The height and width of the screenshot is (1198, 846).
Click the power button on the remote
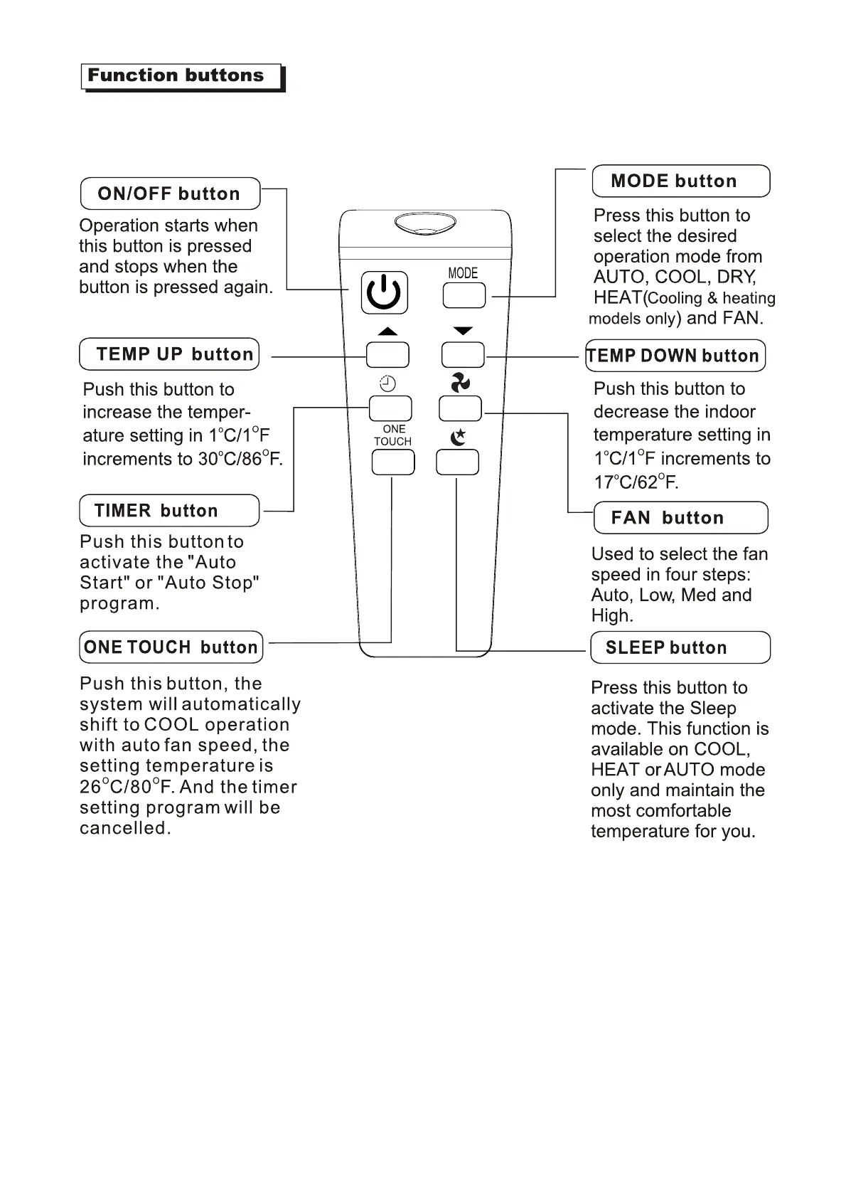tap(384, 292)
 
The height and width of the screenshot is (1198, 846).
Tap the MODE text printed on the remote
tap(463, 273)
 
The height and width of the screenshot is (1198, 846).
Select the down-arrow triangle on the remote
tap(463, 331)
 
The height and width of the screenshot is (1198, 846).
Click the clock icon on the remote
tap(387, 384)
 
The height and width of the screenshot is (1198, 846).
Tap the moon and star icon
tap(459, 437)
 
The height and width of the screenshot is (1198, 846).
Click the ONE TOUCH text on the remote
tap(393, 435)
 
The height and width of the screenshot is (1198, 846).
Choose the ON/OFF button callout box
tap(170, 194)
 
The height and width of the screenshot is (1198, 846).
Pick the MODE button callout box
tap(680, 181)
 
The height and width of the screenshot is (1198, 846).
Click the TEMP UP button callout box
tap(169, 354)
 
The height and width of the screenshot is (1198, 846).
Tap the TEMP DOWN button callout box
tap(675, 356)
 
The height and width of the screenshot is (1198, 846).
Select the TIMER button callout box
tap(169, 511)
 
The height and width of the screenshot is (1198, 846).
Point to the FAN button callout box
tap(680, 518)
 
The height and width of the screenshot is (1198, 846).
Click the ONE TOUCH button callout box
tap(171, 647)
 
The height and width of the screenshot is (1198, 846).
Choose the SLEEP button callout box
tap(680, 647)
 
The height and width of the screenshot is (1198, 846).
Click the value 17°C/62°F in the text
tap(636, 482)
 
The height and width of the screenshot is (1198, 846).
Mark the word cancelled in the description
tap(125, 829)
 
